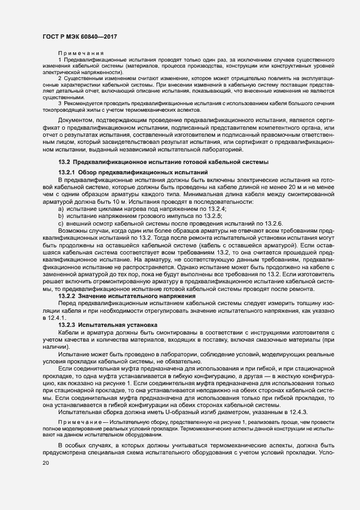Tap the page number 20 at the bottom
click(45, 463)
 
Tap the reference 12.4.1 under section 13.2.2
click(54, 317)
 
